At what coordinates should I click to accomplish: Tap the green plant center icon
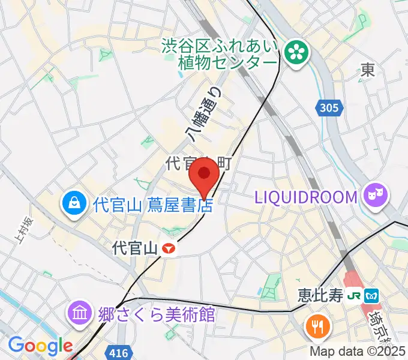(295, 53)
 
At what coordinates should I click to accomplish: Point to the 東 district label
(368, 70)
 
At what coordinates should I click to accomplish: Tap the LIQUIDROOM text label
(306, 196)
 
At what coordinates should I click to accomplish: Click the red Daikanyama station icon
(170, 248)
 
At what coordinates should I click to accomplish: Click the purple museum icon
(80, 313)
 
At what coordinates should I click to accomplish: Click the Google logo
(40, 346)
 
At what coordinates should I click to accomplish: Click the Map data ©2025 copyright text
(358, 352)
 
